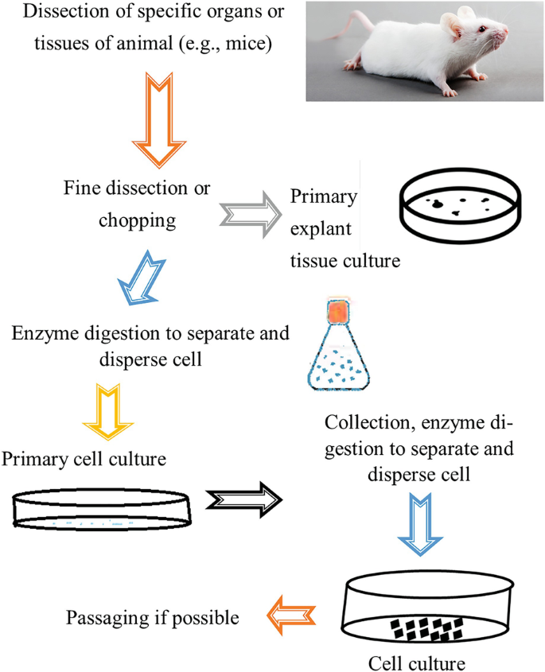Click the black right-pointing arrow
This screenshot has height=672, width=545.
(x=243, y=499)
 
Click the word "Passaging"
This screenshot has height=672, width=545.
(x=104, y=617)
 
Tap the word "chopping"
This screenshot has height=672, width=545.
(x=137, y=220)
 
